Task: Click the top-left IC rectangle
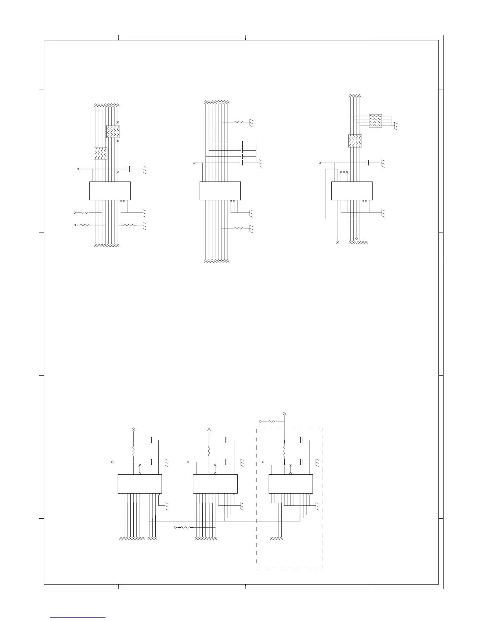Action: [110, 191]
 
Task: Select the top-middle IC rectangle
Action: [220, 191]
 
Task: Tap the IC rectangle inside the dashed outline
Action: [291, 484]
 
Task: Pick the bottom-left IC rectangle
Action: [140, 484]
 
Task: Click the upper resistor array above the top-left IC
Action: [113, 131]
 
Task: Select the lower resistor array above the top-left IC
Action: [100, 153]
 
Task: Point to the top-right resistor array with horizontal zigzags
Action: [375, 121]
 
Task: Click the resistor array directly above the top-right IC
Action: [355, 141]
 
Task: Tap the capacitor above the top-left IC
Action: [129, 169]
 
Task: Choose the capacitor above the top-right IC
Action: [367, 162]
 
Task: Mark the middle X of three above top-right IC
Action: [344, 172]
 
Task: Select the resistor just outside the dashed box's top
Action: [273, 421]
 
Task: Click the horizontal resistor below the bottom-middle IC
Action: [185, 528]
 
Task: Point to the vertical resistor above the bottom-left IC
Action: [133, 451]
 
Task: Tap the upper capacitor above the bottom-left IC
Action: [151, 440]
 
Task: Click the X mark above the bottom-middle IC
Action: [215, 465]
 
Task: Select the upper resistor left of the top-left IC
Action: [85, 212]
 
